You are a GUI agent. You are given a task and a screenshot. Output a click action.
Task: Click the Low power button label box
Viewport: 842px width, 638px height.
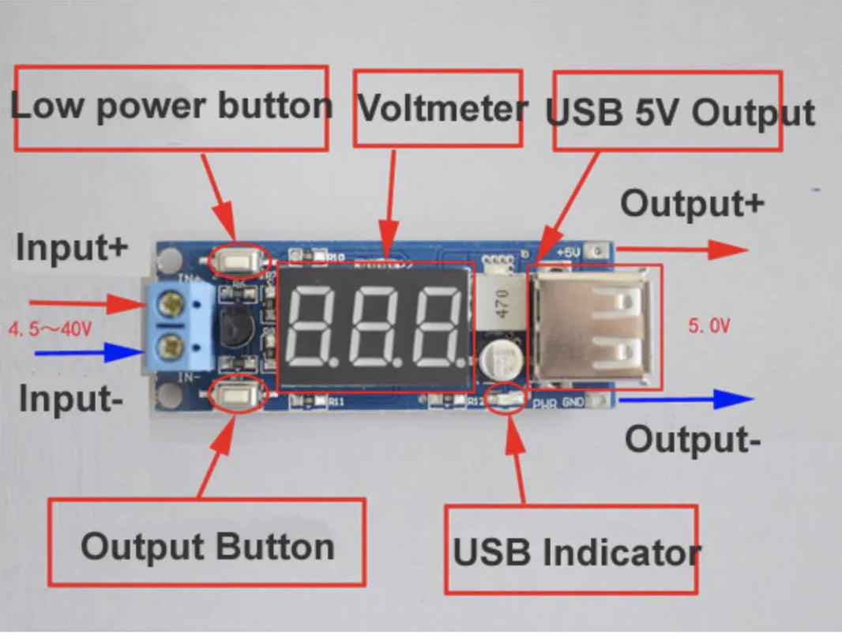click(171, 108)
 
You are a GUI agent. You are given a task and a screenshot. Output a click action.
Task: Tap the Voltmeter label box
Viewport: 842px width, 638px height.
click(438, 108)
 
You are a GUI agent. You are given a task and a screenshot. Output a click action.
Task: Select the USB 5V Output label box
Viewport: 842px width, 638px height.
click(667, 111)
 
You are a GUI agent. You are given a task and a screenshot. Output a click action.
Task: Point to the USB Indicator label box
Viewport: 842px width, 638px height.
click(571, 550)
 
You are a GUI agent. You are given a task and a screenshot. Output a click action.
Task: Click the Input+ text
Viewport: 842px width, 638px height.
click(71, 248)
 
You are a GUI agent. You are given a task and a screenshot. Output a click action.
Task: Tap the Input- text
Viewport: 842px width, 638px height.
click(71, 399)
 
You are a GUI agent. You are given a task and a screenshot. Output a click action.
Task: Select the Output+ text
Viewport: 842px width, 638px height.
click(692, 204)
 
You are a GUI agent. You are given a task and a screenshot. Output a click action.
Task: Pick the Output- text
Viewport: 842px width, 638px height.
click(694, 439)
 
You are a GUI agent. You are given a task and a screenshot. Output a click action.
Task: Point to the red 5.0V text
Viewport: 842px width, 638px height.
click(708, 326)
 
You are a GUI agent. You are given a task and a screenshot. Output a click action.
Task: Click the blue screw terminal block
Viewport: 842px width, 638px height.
click(179, 325)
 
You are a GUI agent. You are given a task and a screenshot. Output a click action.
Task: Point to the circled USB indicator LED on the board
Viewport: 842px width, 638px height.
click(506, 400)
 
